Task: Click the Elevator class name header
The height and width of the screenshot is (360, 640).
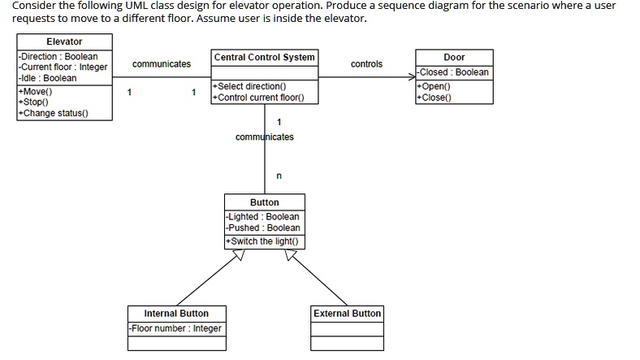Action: pyautogui.click(x=64, y=41)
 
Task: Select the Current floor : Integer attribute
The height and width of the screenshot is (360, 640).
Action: pyautogui.click(x=63, y=67)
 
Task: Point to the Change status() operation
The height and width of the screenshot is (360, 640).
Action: pyautogui.click(x=54, y=113)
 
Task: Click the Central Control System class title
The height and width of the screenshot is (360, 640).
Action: pyautogui.click(x=264, y=57)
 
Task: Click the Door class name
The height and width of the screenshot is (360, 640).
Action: pyautogui.click(x=454, y=57)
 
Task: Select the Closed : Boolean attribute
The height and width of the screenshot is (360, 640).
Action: pyautogui.click(x=454, y=72)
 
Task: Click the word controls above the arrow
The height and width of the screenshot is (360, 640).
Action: pyautogui.click(x=366, y=63)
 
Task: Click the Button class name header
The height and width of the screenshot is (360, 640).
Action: pyautogui.click(x=265, y=202)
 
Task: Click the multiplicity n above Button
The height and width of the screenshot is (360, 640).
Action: pyautogui.click(x=279, y=175)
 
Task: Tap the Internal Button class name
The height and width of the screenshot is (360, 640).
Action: pyautogui.click(x=176, y=313)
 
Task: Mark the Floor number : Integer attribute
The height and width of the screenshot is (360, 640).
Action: pyautogui.click(x=176, y=328)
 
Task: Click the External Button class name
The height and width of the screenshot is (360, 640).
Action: pyautogui.click(x=347, y=313)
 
